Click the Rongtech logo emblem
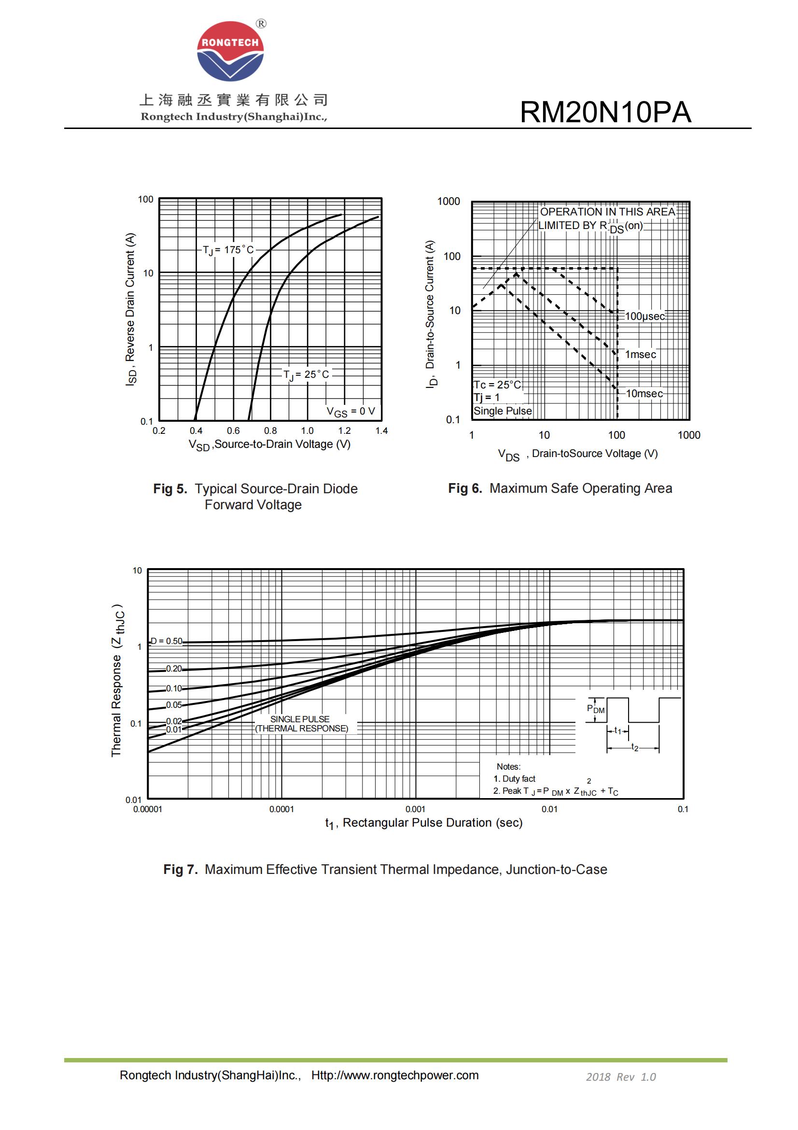click(x=230, y=51)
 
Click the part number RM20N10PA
click(x=605, y=112)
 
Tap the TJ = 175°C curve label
click(x=228, y=250)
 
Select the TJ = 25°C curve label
click(x=306, y=374)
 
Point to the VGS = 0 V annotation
click(x=350, y=412)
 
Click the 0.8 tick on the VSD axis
click(x=270, y=430)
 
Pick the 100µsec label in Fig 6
click(x=644, y=316)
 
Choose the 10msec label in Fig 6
click(x=644, y=394)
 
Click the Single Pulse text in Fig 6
click(x=503, y=411)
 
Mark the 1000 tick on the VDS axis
click(x=688, y=435)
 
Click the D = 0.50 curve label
click(x=166, y=641)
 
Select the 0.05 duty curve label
click(x=174, y=705)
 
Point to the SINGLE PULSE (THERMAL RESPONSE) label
click(x=301, y=724)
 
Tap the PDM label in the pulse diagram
click(x=595, y=709)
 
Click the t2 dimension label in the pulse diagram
click(x=635, y=747)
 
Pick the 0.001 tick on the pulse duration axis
click(x=415, y=809)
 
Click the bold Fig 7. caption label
click(x=181, y=870)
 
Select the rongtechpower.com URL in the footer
click(x=395, y=1075)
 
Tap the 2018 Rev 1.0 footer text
click(x=620, y=1077)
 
